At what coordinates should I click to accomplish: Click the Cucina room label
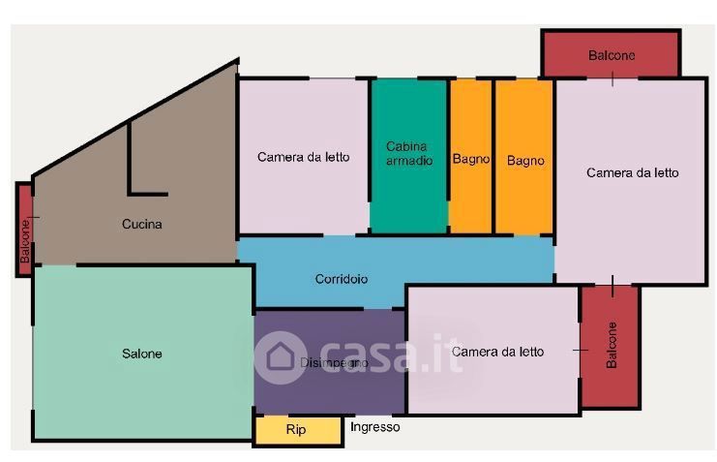tap(141, 225)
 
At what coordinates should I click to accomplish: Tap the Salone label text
tap(141, 354)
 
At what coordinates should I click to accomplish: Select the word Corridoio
tap(341, 279)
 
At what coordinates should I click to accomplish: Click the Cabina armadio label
tap(409, 153)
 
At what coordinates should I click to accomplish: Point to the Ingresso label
tap(374, 427)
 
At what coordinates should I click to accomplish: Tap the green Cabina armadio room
tap(408, 194)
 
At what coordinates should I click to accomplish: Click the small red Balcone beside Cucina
tap(25, 230)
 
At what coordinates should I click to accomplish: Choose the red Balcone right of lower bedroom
tap(610, 346)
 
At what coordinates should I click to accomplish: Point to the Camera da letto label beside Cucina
tap(303, 157)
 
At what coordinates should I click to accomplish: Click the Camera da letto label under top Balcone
tap(632, 173)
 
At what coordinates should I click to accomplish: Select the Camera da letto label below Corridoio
tap(497, 353)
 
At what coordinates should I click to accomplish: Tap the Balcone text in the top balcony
tap(612, 55)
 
